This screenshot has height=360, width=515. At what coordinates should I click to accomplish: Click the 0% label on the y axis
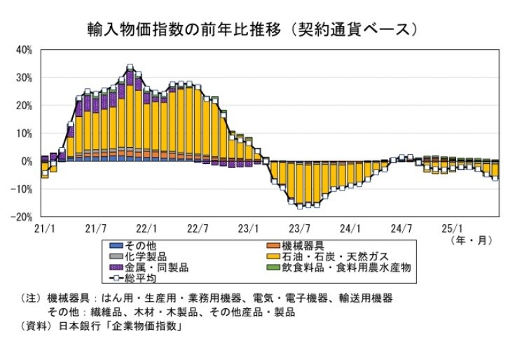pyautogui.click(x=27, y=161)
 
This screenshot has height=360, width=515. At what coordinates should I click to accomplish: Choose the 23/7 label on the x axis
pyautogui.click(x=300, y=228)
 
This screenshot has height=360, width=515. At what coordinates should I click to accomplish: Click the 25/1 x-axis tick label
pyautogui.click(x=453, y=228)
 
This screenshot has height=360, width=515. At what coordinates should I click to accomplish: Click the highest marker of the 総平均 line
pyautogui.click(x=130, y=68)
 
